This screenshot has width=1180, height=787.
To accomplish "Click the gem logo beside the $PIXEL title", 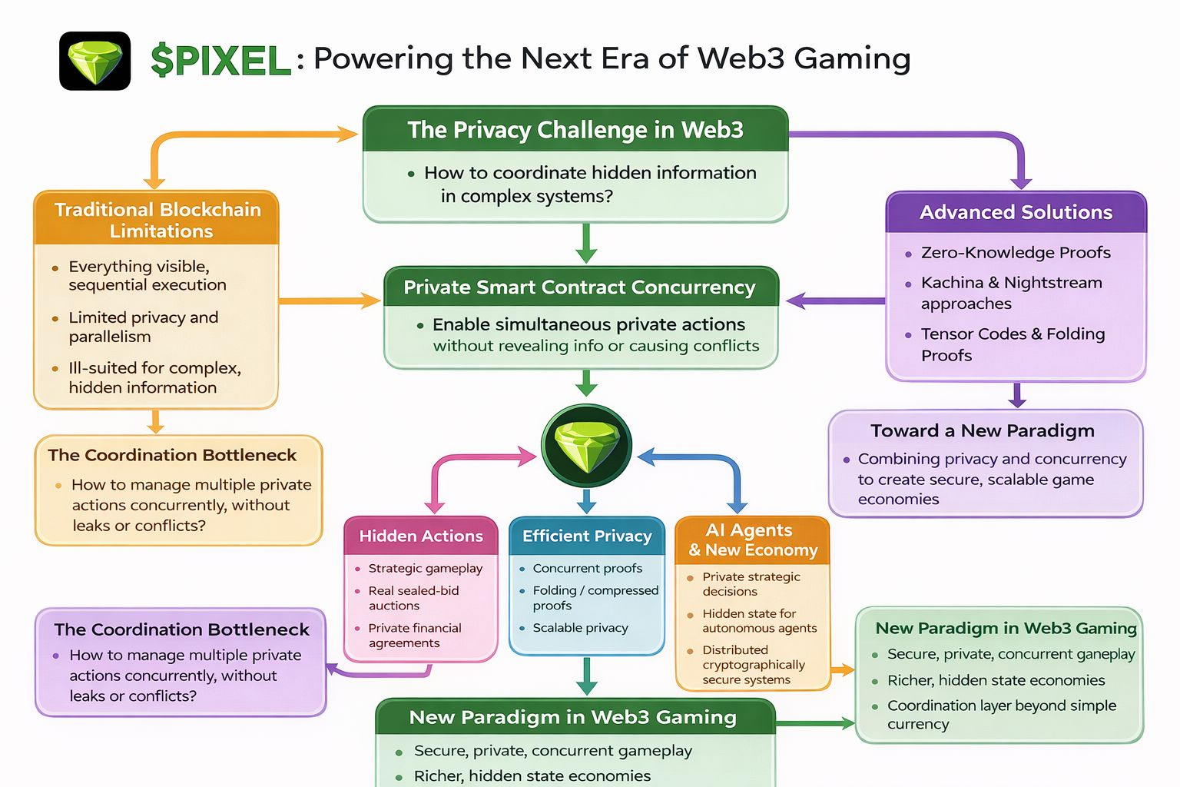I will click(95, 61).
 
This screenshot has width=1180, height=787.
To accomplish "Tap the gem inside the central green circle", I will click(586, 447).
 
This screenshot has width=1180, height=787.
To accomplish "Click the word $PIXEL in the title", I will click(221, 61).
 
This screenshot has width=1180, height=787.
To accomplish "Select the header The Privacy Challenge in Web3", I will click(575, 130).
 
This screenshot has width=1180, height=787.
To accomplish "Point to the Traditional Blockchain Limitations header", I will click(157, 220).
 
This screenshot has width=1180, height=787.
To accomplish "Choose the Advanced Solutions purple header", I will click(1016, 212).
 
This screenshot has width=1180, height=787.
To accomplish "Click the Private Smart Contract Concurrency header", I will click(580, 287).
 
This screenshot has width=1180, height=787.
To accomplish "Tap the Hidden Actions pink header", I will click(421, 536).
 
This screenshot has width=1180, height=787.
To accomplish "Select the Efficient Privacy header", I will click(587, 536).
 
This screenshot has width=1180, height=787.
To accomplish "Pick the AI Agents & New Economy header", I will click(752, 540).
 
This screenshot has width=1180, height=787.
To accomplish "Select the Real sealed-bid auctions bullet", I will click(413, 598).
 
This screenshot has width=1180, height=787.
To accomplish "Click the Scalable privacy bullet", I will click(580, 628).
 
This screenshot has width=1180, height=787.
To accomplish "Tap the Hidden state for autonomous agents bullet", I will click(759, 621).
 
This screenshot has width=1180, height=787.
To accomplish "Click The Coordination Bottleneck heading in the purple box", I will click(181, 629).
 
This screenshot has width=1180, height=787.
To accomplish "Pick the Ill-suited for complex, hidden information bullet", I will click(154, 377).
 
